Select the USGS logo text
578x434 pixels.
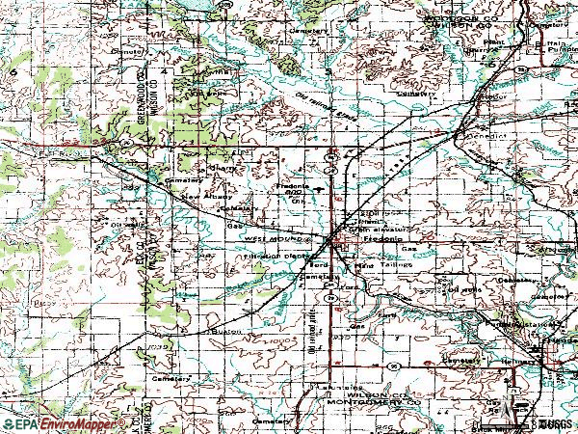553,424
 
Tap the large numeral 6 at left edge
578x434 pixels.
13,72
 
